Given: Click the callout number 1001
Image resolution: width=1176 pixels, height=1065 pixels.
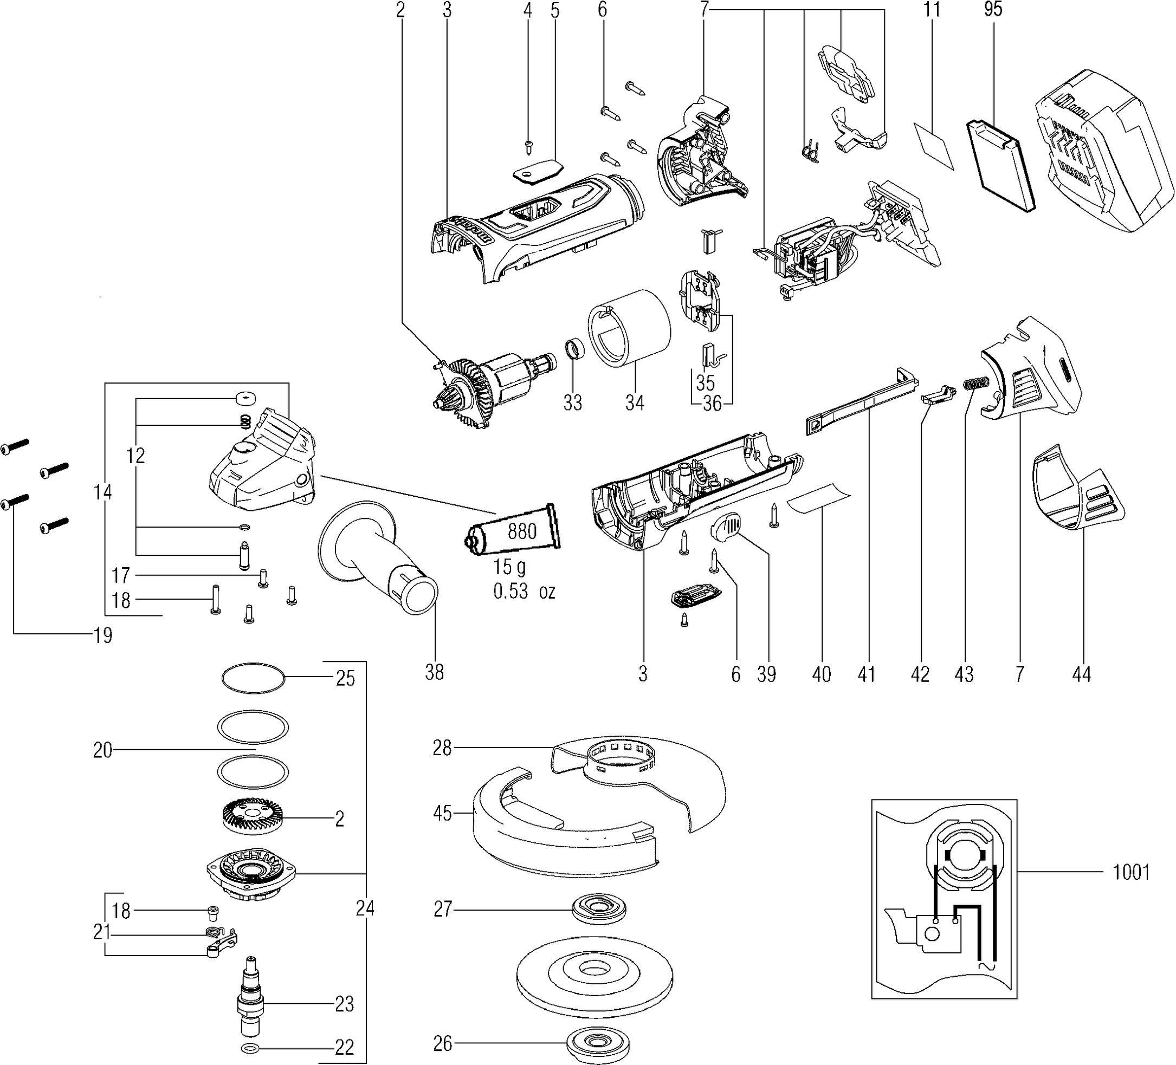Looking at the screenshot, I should pyautogui.click(x=1131, y=873).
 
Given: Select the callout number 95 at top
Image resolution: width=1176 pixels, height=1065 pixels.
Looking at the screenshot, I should pyautogui.click(x=992, y=9).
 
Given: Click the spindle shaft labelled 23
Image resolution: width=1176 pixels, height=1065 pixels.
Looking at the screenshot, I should pyautogui.click(x=251, y=1003).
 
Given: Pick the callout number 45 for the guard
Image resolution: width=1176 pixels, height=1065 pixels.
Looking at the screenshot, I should pyautogui.click(x=443, y=813).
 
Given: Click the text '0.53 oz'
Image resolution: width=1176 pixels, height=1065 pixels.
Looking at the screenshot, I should pyautogui.click(x=524, y=592).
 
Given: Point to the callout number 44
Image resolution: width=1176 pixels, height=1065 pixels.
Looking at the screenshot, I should pyautogui.click(x=1081, y=674).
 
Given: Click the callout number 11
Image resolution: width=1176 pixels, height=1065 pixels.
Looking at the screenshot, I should pyautogui.click(x=932, y=9).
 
